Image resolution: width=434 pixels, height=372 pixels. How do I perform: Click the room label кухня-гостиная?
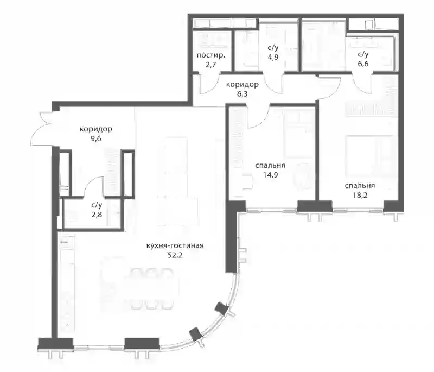pos(175,245)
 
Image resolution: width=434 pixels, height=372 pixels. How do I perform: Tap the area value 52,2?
pos(175,255)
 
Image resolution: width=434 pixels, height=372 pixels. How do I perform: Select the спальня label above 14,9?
pos(270,166)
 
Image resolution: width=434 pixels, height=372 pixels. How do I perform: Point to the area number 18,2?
pos(360,196)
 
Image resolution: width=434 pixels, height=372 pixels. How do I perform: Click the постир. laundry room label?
pos(211,55)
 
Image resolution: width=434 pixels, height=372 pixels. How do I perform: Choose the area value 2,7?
pos(210,65)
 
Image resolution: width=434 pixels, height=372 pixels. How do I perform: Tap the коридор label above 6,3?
pos(242,84)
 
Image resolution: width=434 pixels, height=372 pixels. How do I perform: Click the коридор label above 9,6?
pos(96,129)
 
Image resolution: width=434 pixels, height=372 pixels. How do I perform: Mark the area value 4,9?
pos(273,58)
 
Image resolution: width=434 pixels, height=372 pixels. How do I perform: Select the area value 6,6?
pos(363,64)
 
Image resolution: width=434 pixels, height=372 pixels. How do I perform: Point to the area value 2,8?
pos(97,214)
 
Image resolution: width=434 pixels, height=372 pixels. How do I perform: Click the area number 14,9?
pos(270,175)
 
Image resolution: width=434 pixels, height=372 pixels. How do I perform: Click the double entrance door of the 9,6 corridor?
pos(42,129)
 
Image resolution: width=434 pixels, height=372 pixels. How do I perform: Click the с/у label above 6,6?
pos(363,54)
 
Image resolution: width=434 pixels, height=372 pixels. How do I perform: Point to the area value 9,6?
pos(96,138)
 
